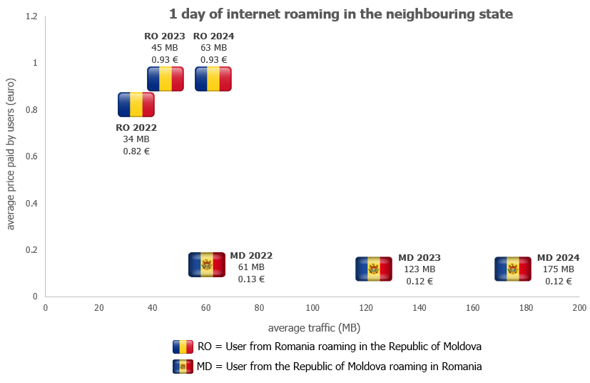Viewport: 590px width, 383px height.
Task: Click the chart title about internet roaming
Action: coord(341,14)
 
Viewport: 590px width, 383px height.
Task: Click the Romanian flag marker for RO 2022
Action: coord(136,104)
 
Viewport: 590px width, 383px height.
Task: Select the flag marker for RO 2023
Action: coord(166,79)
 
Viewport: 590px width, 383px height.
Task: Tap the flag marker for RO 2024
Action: coord(213,79)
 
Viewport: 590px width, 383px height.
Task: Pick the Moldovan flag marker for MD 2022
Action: coord(207,264)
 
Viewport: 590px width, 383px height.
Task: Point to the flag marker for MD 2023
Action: coord(374,269)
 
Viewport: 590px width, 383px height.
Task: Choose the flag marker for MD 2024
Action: coord(512,269)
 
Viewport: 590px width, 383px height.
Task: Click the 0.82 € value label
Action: coord(136,151)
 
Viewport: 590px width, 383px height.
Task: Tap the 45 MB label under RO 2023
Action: coord(164,48)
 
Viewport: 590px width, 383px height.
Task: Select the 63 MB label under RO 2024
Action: coord(213,48)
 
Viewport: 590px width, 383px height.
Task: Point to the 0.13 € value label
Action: coord(251,279)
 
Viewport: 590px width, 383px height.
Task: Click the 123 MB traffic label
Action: coord(419,269)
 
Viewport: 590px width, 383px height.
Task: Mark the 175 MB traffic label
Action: coord(558,269)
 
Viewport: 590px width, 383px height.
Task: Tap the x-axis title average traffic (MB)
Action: coord(314,328)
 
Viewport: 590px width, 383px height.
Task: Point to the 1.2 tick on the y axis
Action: coord(31,16)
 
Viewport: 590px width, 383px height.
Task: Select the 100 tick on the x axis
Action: coord(312,308)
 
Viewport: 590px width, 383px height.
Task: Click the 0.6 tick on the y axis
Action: coord(31,156)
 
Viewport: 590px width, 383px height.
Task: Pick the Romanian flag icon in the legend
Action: coord(183,347)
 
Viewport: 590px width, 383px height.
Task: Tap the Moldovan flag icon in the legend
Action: coord(183,367)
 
